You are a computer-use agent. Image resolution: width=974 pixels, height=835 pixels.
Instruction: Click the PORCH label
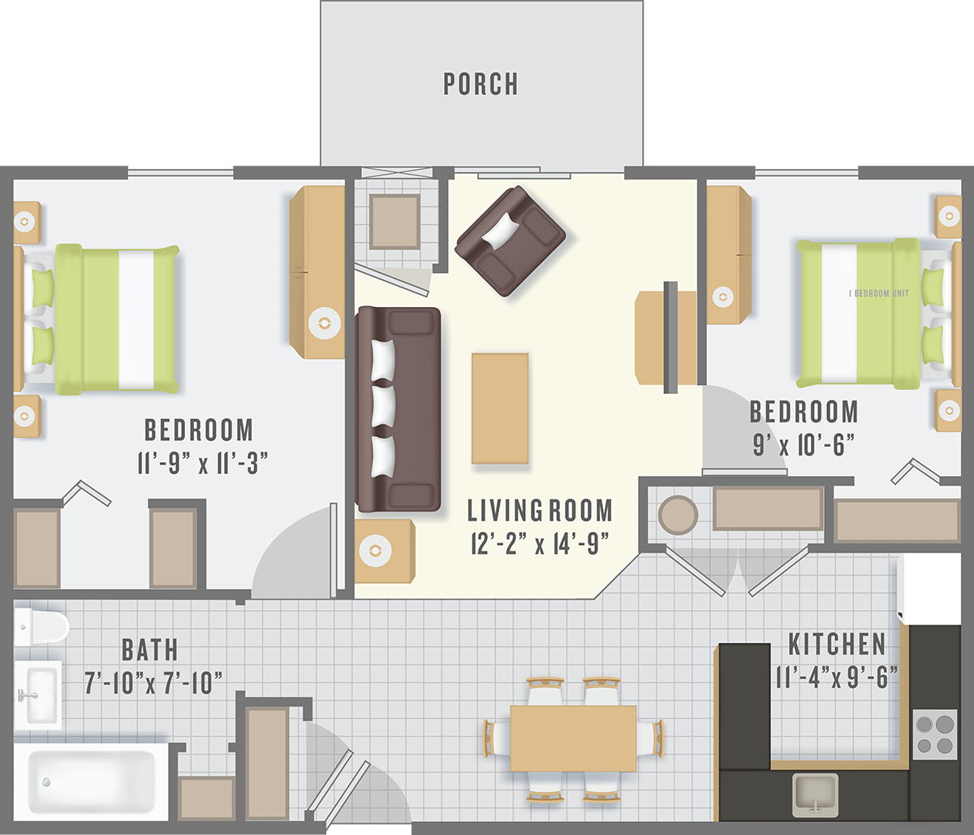point(481,84)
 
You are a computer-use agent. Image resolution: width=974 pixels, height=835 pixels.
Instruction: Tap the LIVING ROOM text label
point(540,511)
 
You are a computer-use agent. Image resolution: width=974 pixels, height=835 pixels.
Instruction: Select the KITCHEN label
point(837,645)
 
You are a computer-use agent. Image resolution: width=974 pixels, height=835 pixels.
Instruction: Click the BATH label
point(150,650)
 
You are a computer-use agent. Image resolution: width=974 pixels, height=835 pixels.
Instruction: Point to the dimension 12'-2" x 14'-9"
point(540,543)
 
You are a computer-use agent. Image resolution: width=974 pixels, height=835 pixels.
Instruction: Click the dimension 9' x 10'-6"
point(804,443)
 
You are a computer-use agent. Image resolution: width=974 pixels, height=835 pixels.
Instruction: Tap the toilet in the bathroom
point(41,626)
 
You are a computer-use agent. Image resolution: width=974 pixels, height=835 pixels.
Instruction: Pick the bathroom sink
point(37,694)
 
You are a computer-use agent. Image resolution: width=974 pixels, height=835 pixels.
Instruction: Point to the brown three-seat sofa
point(399,409)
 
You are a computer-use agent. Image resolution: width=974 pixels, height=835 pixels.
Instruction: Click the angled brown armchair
point(510,240)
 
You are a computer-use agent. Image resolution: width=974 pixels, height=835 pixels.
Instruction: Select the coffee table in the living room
point(500,408)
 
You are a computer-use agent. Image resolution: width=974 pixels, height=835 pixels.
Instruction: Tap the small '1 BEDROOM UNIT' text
point(879,293)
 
